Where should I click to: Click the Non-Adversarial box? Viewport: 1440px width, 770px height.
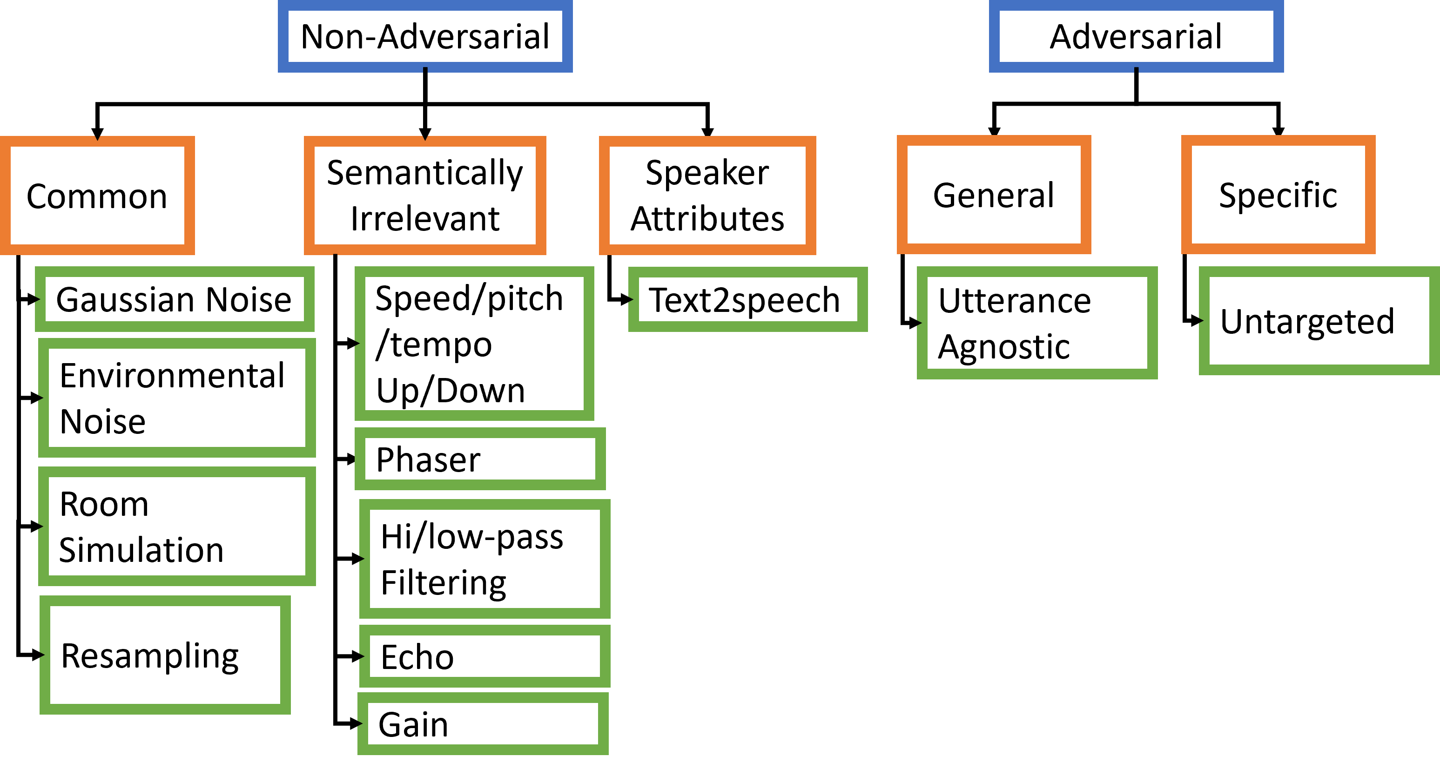tap(425, 36)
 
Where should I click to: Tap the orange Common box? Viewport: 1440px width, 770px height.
tap(97, 196)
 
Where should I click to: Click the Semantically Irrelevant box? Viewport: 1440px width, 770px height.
tap(425, 196)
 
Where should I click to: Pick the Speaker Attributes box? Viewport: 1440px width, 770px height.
tap(707, 196)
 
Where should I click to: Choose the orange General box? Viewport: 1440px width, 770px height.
tap(993, 195)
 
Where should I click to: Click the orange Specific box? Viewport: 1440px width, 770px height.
tap(1278, 195)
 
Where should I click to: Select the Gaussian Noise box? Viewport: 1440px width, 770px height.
tap(175, 299)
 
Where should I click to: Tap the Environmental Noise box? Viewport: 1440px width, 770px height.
tap(177, 398)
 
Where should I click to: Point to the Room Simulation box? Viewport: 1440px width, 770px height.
tap(177, 526)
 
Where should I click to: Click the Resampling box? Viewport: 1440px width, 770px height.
tap(165, 655)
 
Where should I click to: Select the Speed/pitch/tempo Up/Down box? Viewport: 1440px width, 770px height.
tap(474, 344)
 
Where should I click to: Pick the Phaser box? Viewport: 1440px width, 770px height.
tap(480, 459)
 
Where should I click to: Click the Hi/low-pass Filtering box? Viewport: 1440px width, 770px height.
tap(484, 559)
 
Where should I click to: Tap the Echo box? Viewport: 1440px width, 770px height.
tap(484, 656)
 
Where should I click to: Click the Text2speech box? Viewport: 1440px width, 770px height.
tap(747, 299)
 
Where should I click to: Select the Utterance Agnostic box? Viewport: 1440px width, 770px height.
tap(1037, 323)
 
